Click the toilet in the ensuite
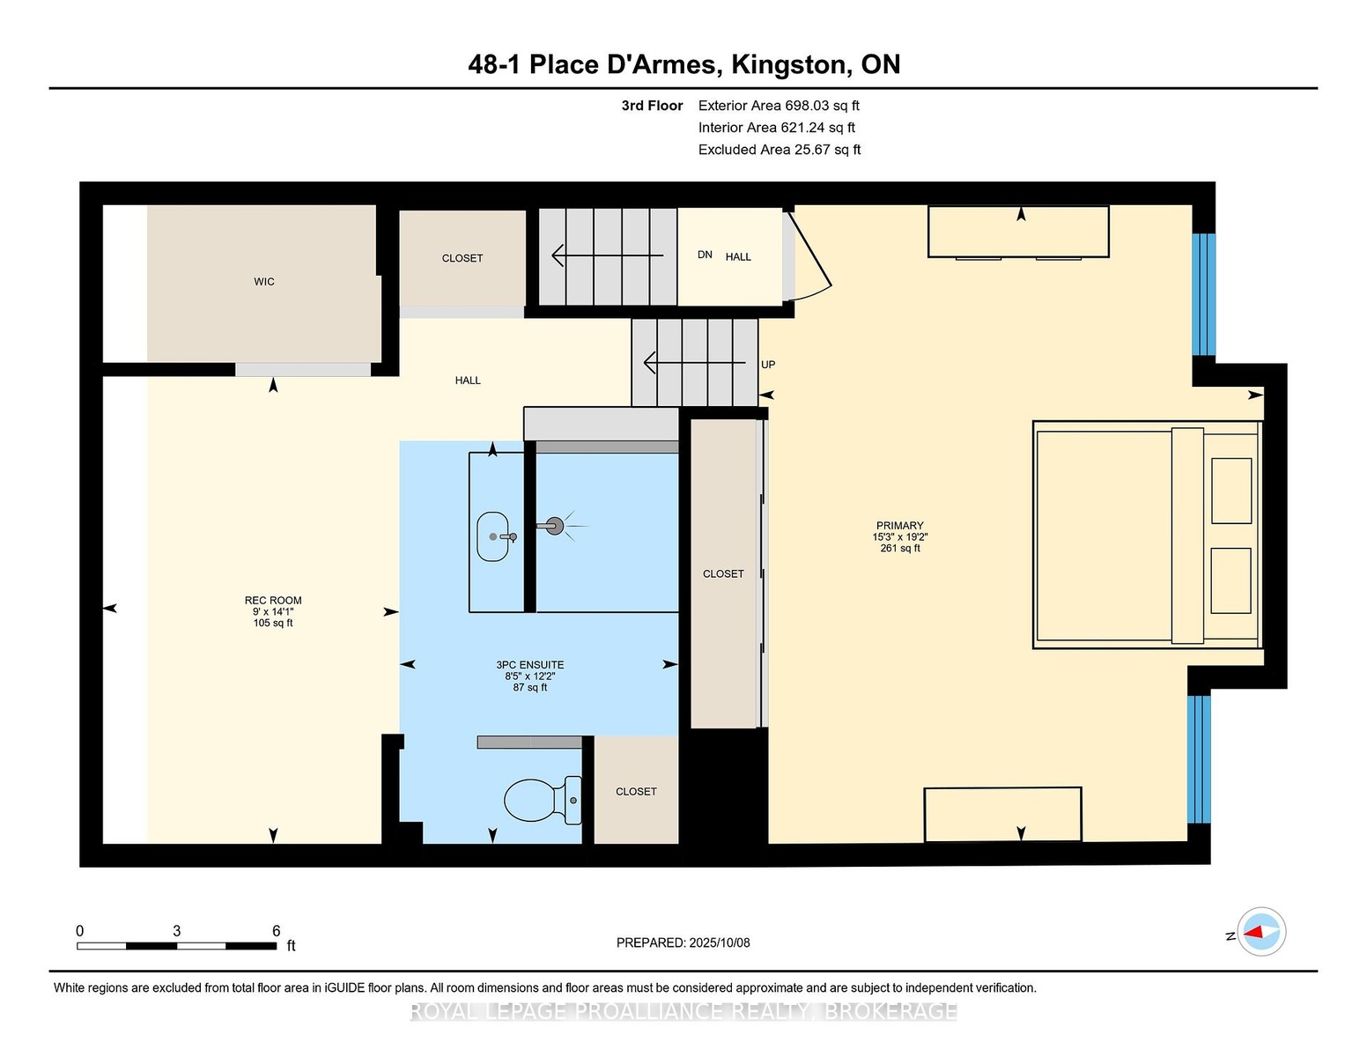(x=543, y=800)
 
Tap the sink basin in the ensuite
(x=492, y=536)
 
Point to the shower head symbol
(x=554, y=526)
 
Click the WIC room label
(x=264, y=282)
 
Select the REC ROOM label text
(x=273, y=600)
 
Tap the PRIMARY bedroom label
(x=899, y=526)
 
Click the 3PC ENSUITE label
(x=529, y=665)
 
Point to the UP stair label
(x=768, y=365)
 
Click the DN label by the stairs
(x=705, y=255)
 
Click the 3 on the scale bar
(x=177, y=931)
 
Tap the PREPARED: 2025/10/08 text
(x=683, y=942)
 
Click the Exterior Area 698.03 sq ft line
(x=779, y=106)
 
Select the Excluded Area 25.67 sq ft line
(x=780, y=150)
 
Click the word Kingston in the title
(x=789, y=65)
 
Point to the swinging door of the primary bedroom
(x=810, y=258)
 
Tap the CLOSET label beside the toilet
(x=636, y=792)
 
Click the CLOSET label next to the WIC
(x=462, y=258)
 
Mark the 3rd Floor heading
(x=652, y=106)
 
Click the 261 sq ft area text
(x=899, y=548)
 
